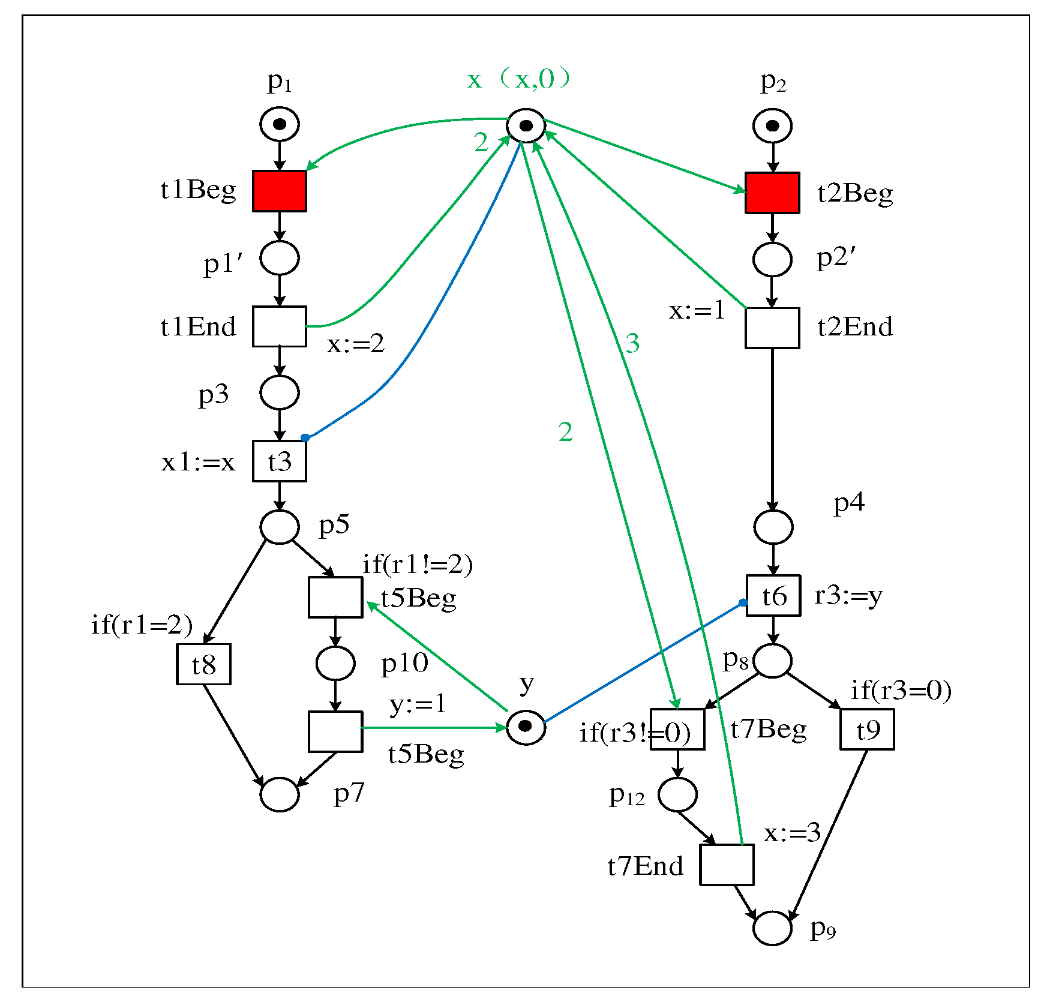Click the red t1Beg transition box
pos(279,191)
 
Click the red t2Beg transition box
pos(772,193)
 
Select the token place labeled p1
pos(280,124)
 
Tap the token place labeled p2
pos(772,126)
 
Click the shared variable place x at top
pos(526,126)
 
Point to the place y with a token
pos(526,727)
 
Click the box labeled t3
pos(279,461)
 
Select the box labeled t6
pos(773,596)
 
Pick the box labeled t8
pos(203,664)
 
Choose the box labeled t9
pos(867,730)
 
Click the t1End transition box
pos(279,327)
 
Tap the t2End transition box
pos(772,328)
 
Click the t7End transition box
pos(727,865)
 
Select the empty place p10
pos(335,663)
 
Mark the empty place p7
pos(280,794)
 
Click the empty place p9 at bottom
pos(772,928)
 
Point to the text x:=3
pos(791,833)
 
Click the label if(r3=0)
pos(901,690)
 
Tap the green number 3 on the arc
pos(632,343)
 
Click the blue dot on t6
pos(743,602)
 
